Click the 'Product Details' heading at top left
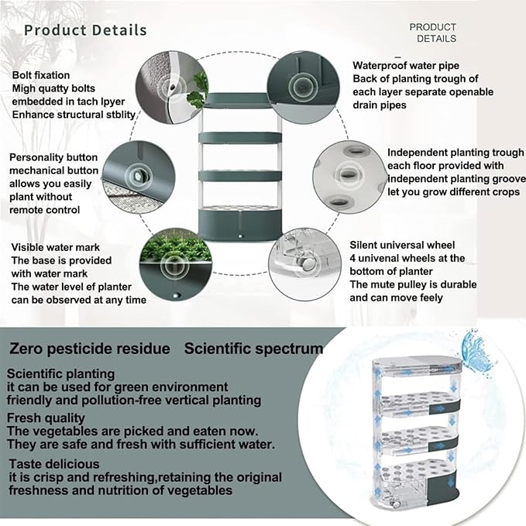pyautogui.click(x=85, y=30)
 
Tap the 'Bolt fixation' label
pyautogui.click(x=41, y=75)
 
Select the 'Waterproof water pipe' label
pyautogui.click(x=406, y=65)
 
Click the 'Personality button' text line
pyautogui.click(x=53, y=157)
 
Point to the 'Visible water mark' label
pyautogui.click(x=55, y=247)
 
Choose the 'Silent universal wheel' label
pyautogui.click(x=402, y=245)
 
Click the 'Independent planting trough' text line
pyautogui.click(x=456, y=153)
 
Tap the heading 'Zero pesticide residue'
pyautogui.click(x=90, y=349)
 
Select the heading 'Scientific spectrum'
pyautogui.click(x=253, y=349)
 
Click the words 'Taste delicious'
pyautogui.click(x=54, y=464)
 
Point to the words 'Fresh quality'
pyautogui.click(x=46, y=418)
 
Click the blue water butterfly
pyautogui.click(x=476, y=351)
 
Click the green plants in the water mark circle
pyautogui.click(x=175, y=246)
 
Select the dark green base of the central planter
pyautogui.click(x=240, y=225)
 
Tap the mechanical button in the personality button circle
pyautogui.click(x=138, y=175)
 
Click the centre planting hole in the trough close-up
pyautogui.click(x=348, y=174)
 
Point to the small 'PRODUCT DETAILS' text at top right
pyautogui.click(x=433, y=33)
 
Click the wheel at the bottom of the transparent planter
pyautogui.click(x=397, y=504)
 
